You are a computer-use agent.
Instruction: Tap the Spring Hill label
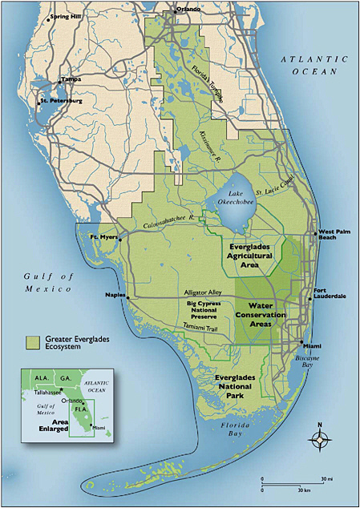[x=66, y=16]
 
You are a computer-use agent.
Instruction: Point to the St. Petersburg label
[x=63, y=102]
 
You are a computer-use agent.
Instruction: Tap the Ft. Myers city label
[x=105, y=237]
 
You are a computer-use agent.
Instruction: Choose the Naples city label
[x=116, y=296]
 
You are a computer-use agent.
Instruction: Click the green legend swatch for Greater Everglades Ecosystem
[x=33, y=342]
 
